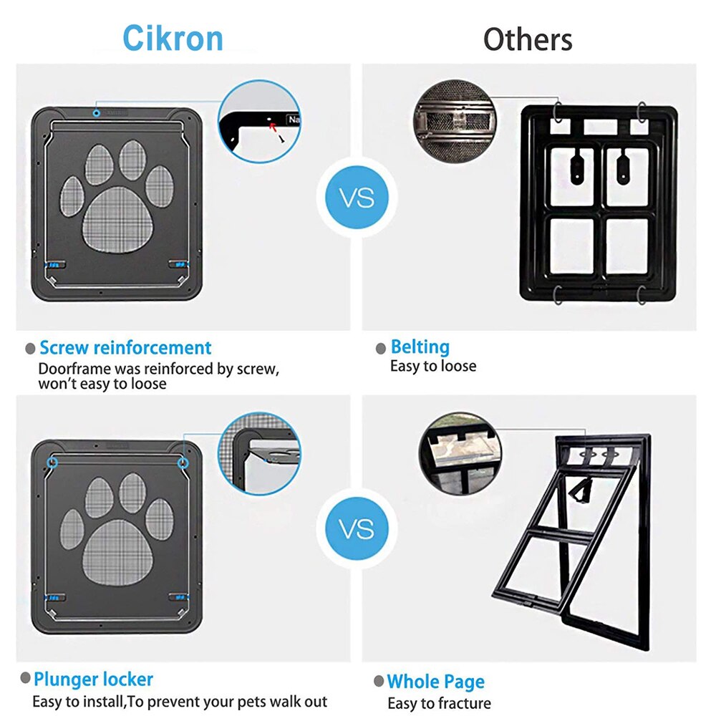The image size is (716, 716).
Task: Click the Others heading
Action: (x=528, y=39)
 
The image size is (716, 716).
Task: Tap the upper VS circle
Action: (x=357, y=197)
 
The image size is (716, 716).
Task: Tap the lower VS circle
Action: (x=357, y=529)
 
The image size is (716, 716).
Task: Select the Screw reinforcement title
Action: (x=125, y=348)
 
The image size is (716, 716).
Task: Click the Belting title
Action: (x=420, y=347)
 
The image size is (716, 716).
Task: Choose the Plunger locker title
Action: (x=93, y=679)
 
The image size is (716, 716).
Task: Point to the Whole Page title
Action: (x=435, y=681)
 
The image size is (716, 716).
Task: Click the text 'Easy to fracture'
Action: (x=439, y=702)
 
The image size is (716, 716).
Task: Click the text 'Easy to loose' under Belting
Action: (x=432, y=366)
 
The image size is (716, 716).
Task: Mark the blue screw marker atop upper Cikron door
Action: (x=97, y=112)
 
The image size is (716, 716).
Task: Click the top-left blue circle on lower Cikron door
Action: (x=53, y=463)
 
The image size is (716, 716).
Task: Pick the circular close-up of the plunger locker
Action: (x=259, y=452)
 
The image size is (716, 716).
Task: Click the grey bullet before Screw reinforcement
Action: (x=30, y=349)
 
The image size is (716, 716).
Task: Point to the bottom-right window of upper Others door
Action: (x=626, y=246)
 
